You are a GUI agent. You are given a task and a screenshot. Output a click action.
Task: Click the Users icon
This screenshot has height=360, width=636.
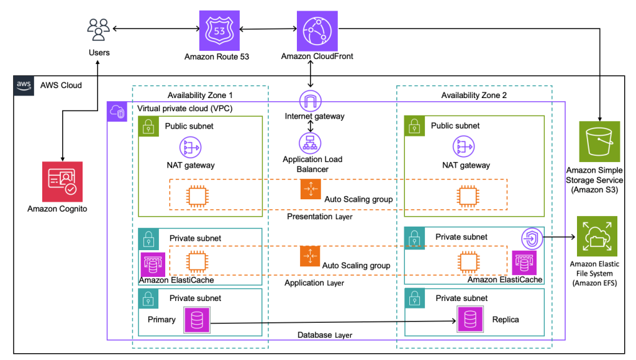pyautogui.click(x=99, y=29)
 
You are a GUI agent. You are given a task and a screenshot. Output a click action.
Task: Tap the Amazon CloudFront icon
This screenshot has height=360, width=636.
pyautogui.click(x=317, y=29)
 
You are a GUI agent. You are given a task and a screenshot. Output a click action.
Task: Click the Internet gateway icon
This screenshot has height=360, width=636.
pyautogui.click(x=309, y=101)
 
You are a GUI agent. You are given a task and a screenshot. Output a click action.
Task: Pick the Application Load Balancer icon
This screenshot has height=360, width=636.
pyautogui.click(x=309, y=143)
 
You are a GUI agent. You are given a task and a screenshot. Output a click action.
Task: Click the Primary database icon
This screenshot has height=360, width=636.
pyautogui.click(x=196, y=320)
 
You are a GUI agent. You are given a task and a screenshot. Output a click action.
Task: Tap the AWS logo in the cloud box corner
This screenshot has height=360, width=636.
pyautogui.click(x=24, y=85)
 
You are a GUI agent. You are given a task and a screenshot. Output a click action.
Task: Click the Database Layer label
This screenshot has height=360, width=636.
pyautogui.click(x=324, y=335)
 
